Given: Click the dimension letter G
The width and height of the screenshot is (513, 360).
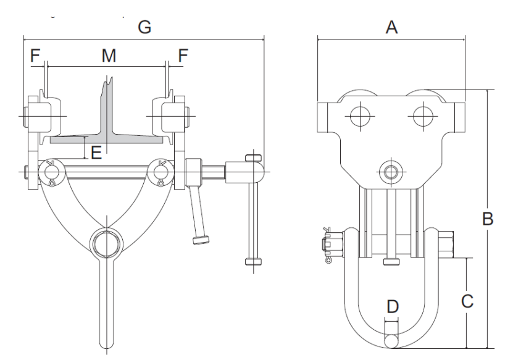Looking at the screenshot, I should point(144,27).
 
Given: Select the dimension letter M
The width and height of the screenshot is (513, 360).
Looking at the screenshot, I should point(109,56).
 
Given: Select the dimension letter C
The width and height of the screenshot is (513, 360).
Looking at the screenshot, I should point(467,301).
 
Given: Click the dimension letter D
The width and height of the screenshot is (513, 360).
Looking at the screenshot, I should point(392,305).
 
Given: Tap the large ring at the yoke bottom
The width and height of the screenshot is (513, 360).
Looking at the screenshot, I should point(106,243).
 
